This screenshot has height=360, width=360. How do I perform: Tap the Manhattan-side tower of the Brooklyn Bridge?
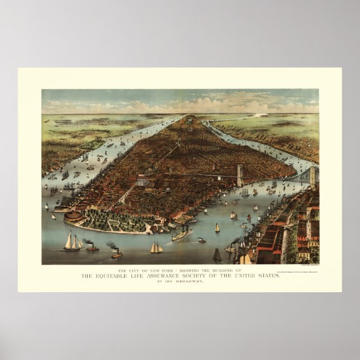point(240,175)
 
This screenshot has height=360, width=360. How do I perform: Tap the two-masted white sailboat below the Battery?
point(156,248)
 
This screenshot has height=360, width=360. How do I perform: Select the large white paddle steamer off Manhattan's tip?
point(182,235)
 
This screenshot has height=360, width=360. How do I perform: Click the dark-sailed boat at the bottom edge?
point(217,255)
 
